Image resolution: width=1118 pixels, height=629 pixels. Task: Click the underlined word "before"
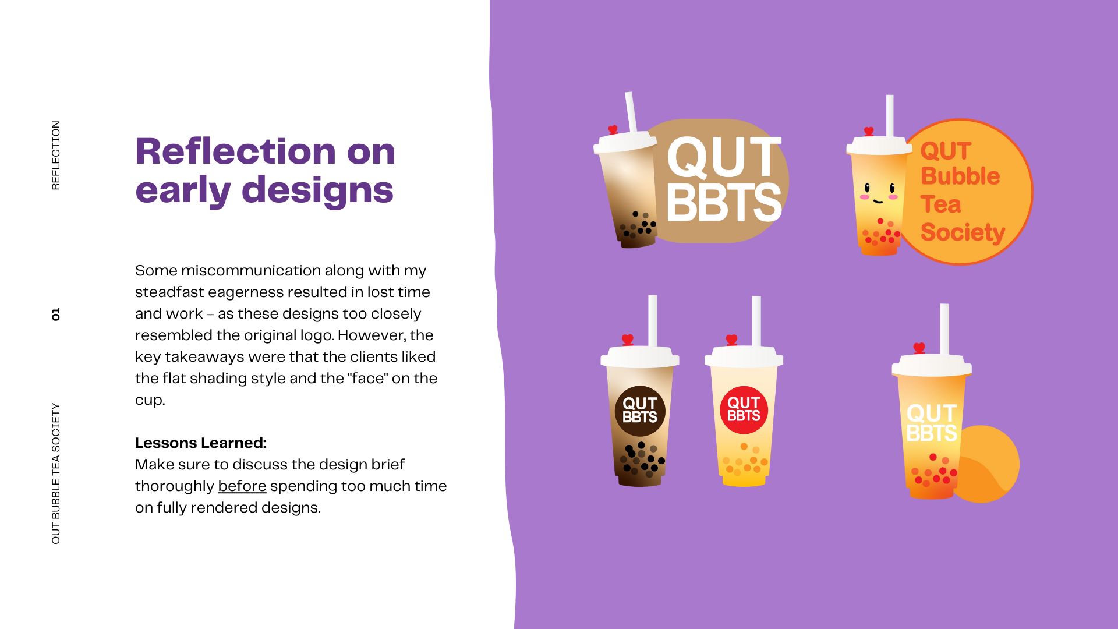pyautogui.click(x=242, y=486)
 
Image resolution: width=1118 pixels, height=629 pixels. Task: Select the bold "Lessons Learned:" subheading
pyautogui.click(x=201, y=443)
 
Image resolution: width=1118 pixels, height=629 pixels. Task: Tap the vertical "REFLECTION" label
pyautogui.click(x=56, y=156)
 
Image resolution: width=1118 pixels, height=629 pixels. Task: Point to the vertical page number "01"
pyautogui.click(x=56, y=314)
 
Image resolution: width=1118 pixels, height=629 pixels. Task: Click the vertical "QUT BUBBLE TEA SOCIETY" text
pyautogui.click(x=56, y=473)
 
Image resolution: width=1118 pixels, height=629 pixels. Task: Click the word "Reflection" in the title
pyautogui.click(x=236, y=151)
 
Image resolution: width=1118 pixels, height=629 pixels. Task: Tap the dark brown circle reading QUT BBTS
pyautogui.click(x=640, y=411)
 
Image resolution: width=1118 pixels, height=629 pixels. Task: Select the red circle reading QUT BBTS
pyautogui.click(x=744, y=410)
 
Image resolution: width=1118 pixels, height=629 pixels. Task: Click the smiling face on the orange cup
pyautogui.click(x=879, y=193)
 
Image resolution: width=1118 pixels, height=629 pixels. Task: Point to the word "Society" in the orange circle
pyautogui.click(x=963, y=232)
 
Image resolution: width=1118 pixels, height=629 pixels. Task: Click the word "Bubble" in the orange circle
pyautogui.click(x=960, y=176)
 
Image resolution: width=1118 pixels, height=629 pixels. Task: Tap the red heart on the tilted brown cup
pyautogui.click(x=613, y=129)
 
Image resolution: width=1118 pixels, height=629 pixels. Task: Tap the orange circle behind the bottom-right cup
pyautogui.click(x=990, y=466)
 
